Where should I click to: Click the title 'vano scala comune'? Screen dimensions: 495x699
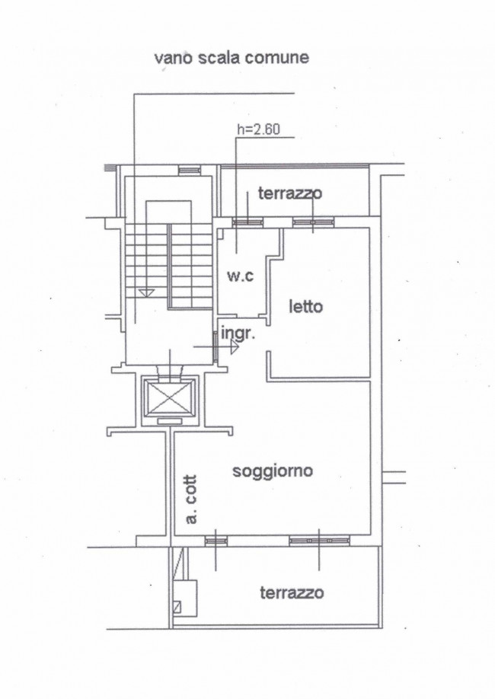[x=232, y=58]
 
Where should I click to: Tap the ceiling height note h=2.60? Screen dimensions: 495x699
[x=259, y=129]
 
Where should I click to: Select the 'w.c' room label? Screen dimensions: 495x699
[x=240, y=276]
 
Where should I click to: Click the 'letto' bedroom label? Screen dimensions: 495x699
[x=306, y=306]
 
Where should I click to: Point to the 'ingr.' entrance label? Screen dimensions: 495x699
[x=238, y=334]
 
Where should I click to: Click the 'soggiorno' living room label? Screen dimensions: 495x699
[x=273, y=471]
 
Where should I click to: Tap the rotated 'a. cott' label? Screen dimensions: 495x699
[x=191, y=500]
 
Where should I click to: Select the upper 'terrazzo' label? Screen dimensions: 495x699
[x=290, y=193]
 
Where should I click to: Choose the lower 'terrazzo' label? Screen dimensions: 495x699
[x=292, y=593]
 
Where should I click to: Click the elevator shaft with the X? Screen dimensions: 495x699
[x=168, y=397]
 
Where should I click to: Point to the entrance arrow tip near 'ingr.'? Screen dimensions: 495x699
[x=238, y=346]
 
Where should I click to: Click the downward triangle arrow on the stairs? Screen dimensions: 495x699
[x=146, y=293]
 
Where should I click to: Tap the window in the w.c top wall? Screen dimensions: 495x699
[x=248, y=222]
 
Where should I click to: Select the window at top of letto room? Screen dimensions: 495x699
[x=313, y=222]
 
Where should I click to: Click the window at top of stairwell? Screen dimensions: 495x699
[x=190, y=170]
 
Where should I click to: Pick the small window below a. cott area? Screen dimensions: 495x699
[x=216, y=541]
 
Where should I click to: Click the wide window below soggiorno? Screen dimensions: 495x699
[x=319, y=541]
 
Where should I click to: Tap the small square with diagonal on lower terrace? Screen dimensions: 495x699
[x=177, y=607]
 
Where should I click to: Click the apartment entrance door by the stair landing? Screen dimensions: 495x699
[x=216, y=346]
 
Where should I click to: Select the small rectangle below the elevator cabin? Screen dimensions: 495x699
[x=170, y=421]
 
